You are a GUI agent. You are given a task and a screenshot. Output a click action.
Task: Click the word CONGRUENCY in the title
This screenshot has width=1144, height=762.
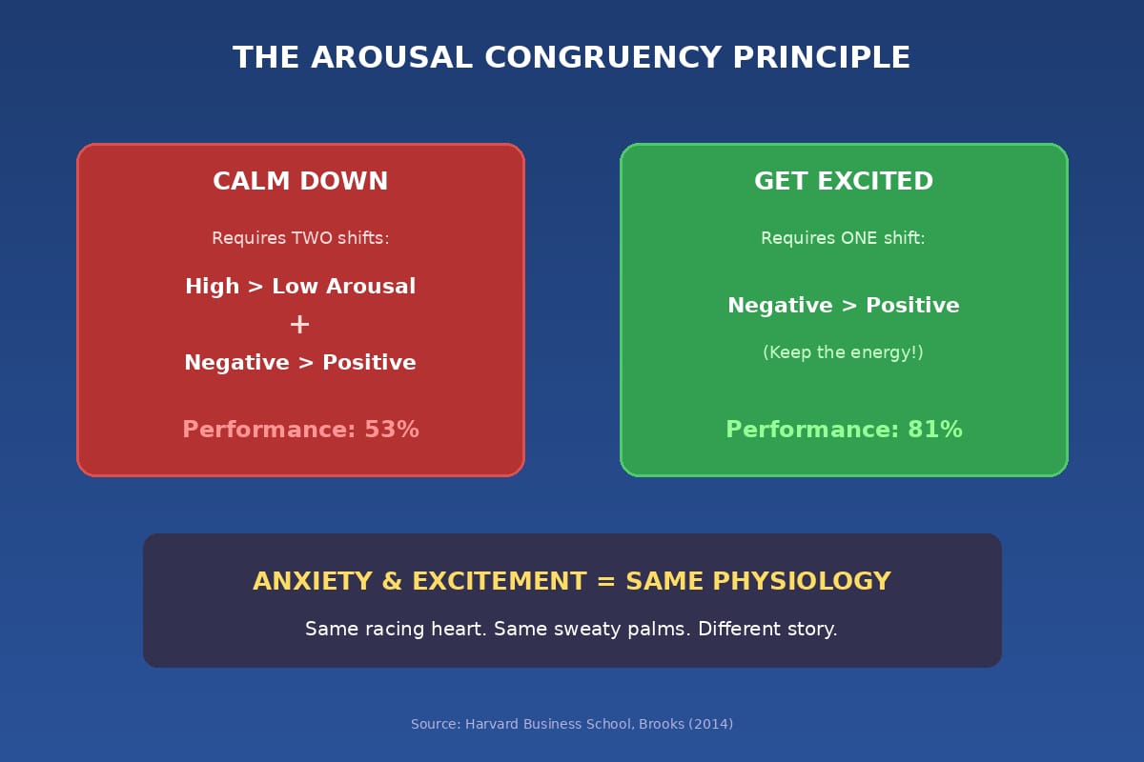[603, 57]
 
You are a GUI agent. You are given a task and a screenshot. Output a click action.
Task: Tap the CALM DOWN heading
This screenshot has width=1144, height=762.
[300, 181]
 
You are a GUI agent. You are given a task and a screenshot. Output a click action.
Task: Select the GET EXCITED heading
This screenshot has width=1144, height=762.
[844, 181]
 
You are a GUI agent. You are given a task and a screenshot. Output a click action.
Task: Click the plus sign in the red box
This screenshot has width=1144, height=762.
[299, 325]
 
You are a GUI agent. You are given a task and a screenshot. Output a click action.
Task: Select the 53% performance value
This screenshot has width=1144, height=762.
[392, 430]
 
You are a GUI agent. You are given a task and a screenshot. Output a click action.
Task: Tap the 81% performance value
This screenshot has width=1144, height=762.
[935, 430]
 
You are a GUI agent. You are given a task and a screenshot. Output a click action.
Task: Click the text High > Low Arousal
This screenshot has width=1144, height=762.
[300, 287]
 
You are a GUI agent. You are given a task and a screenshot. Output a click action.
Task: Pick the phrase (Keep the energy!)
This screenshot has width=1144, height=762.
[843, 352]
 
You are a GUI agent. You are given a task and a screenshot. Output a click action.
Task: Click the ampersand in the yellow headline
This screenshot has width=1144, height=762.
[392, 581]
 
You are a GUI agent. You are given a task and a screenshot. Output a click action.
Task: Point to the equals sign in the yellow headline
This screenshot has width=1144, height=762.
[605, 581]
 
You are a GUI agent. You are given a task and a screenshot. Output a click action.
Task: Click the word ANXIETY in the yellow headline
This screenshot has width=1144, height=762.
[313, 581]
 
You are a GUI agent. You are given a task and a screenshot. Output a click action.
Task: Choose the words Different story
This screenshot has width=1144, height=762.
[767, 630]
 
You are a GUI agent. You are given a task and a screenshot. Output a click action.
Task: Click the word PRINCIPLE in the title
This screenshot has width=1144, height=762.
[822, 57]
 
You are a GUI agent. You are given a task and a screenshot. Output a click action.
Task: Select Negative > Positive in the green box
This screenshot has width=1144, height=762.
[844, 305]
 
